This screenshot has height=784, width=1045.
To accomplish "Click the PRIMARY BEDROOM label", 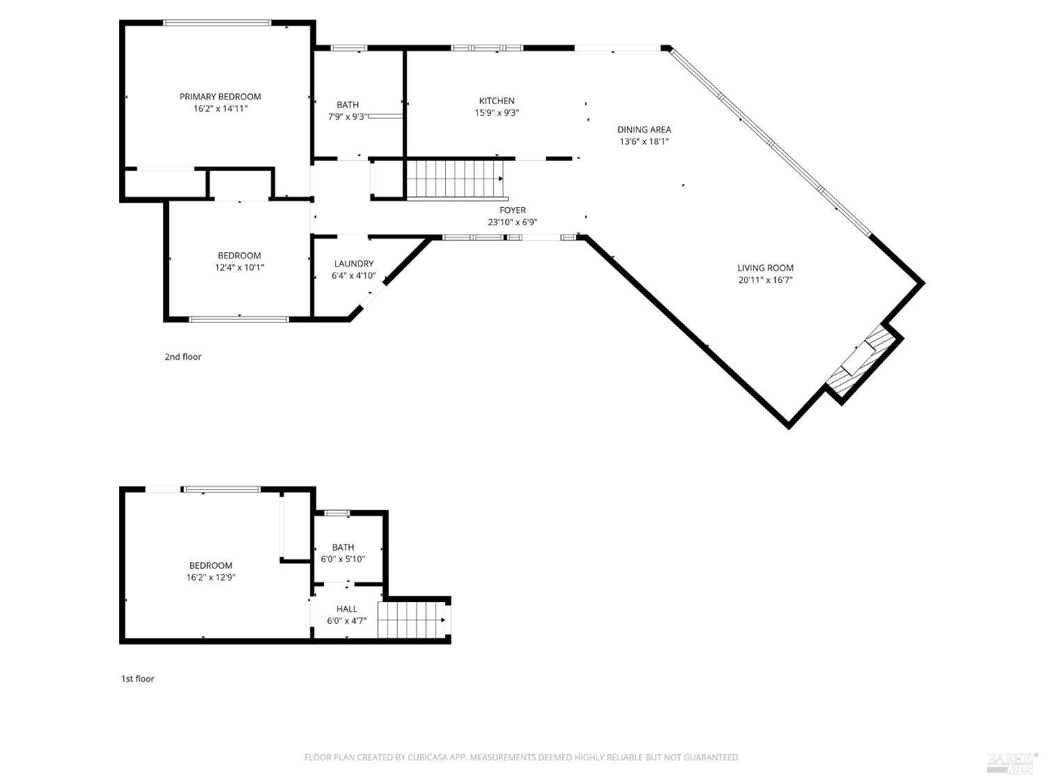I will tap(220, 97).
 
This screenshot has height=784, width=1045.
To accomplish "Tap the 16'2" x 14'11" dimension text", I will tap(220, 109).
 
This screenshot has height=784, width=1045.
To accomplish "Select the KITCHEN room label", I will tap(497, 101).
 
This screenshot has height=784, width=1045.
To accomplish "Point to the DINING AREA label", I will tap(644, 130).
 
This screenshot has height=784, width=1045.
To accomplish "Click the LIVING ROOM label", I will tap(765, 268).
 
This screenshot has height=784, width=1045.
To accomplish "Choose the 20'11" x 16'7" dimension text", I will tap(765, 280).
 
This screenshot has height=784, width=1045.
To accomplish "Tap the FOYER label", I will tap(512, 210).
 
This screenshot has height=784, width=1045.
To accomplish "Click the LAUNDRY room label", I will tap(353, 263).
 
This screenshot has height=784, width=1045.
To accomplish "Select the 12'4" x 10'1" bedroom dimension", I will tap(239, 268).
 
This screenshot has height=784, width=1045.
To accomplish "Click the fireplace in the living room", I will tap(862, 362).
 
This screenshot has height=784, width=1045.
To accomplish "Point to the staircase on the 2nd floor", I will tap(454, 178).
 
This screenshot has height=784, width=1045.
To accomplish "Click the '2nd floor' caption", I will tap(183, 357).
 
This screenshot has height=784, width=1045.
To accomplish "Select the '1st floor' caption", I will tap(138, 679).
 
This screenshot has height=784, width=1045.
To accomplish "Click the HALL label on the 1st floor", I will tap(346, 609).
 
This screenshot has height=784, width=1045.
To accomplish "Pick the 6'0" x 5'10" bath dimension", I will tap(343, 559).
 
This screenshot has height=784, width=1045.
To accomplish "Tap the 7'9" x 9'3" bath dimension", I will tap(348, 117).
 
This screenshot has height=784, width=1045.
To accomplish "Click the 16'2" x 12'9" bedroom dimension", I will tap(210, 578).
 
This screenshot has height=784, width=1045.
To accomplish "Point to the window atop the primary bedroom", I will tap(217, 23).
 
